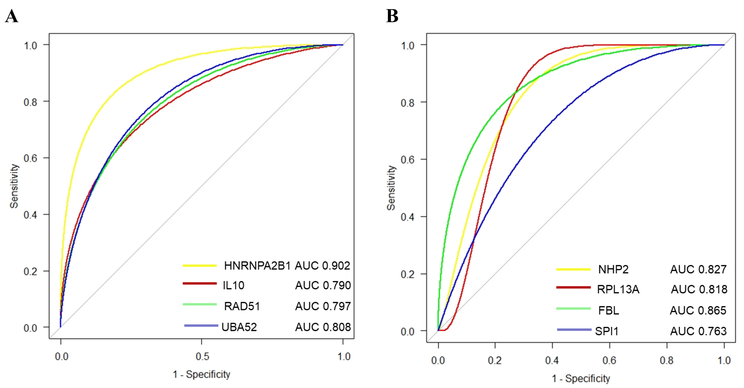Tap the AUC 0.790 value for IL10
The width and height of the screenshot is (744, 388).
coord(323,285)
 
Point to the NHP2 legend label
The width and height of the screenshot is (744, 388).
coord(613,269)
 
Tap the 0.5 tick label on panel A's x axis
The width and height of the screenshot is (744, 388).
coord(202,356)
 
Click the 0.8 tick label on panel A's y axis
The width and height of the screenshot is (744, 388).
coord(30,102)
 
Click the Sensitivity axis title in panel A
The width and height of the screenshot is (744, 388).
coord(14,186)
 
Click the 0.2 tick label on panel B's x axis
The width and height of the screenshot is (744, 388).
coord(495,361)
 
